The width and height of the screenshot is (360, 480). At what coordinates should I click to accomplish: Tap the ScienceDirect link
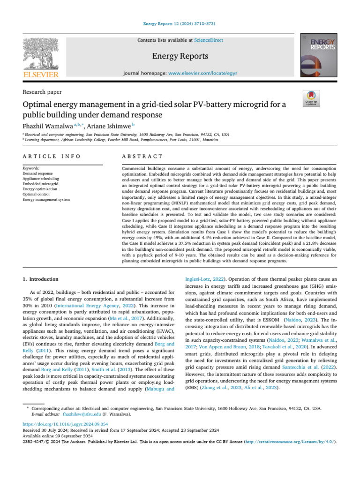click(196, 41)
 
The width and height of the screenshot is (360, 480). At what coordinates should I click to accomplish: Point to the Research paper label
click(42, 92)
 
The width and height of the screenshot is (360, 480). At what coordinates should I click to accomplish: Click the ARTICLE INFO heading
click(52, 156)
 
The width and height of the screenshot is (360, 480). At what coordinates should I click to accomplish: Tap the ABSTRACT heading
click(142, 156)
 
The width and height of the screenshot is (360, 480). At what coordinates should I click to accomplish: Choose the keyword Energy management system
click(46, 199)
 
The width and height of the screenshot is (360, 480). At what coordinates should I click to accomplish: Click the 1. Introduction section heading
click(41, 279)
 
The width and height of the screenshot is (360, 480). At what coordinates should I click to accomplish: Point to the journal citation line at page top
click(180, 23)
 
